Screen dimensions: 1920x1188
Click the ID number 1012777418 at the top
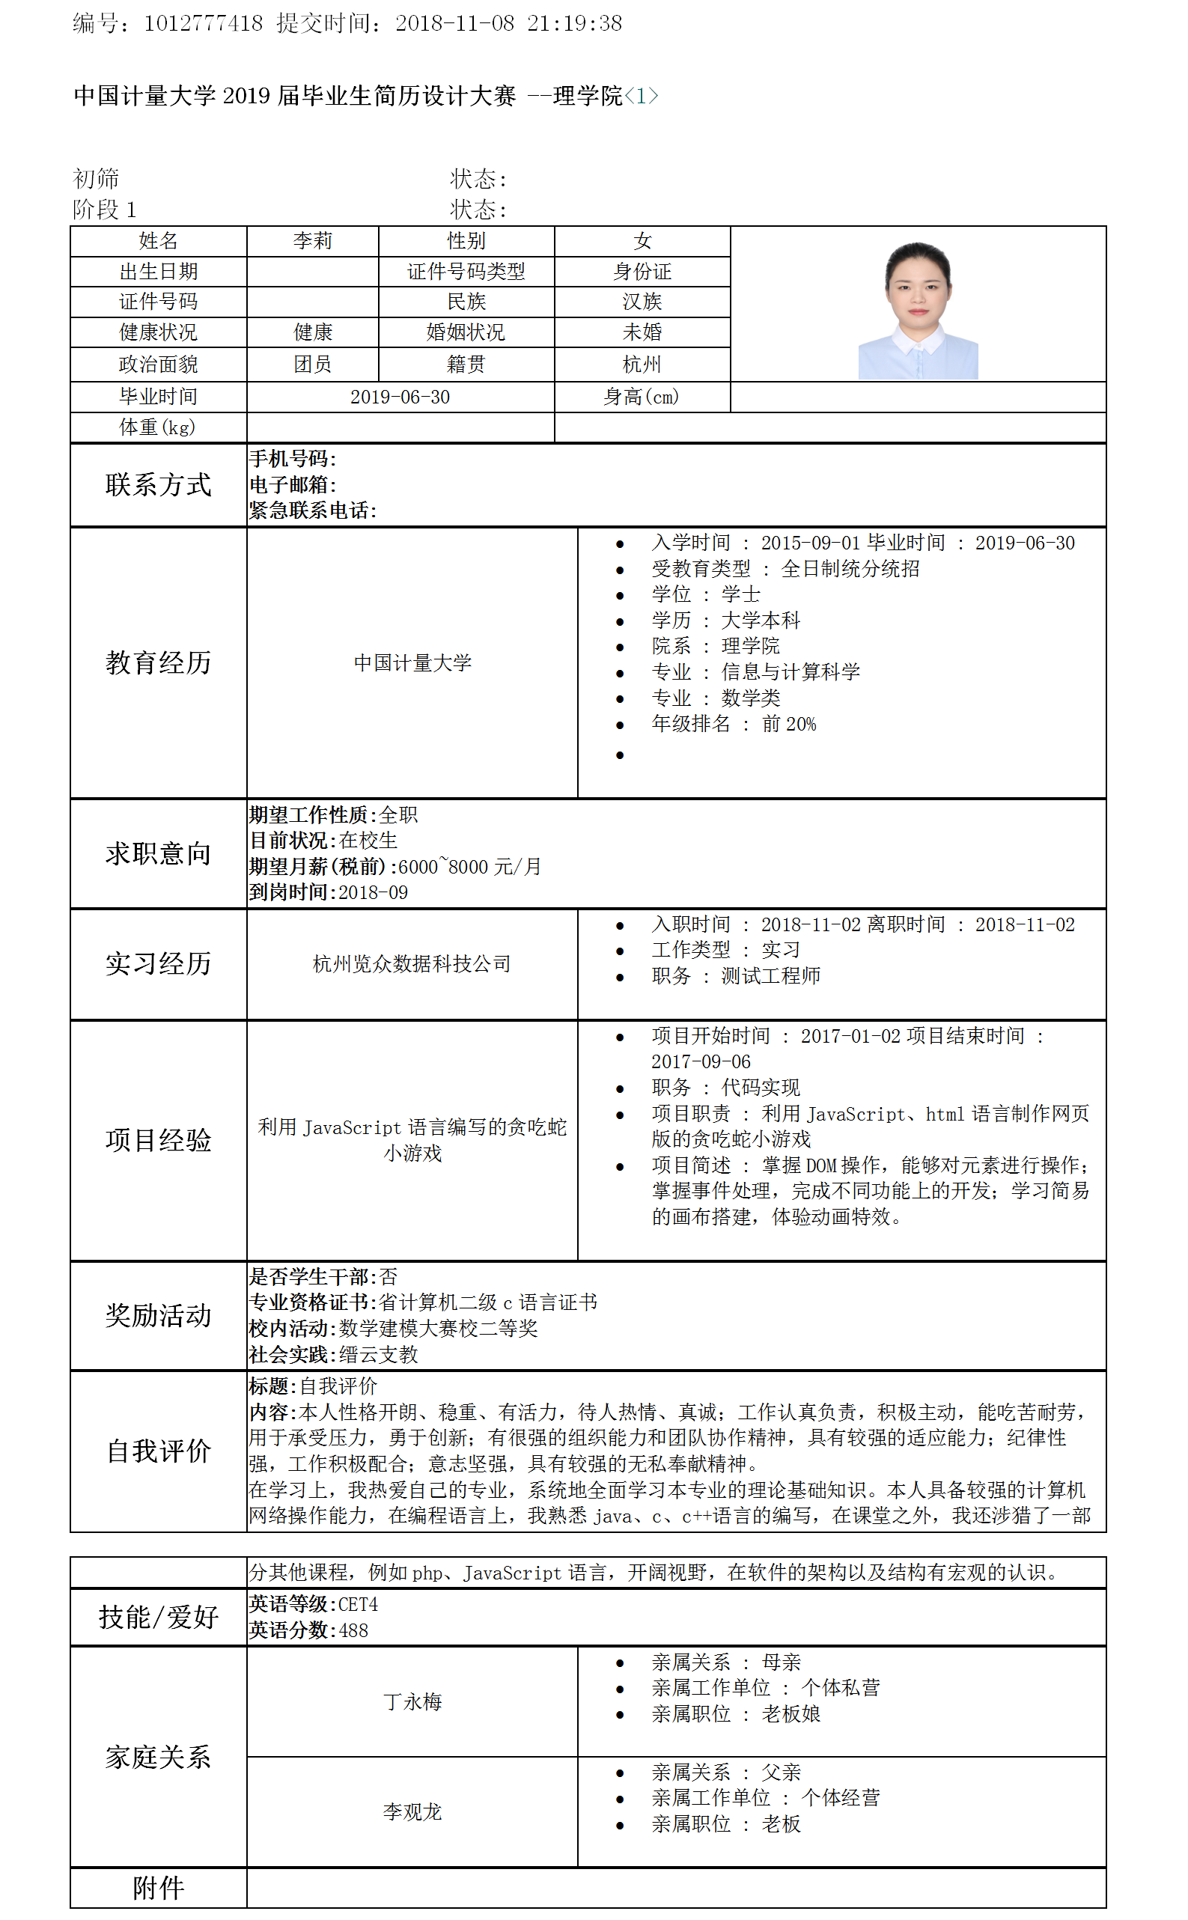[x=203, y=23]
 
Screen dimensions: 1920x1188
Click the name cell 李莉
[x=313, y=241]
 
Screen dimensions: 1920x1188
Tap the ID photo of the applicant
[x=917, y=311]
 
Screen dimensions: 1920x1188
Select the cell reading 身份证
[x=642, y=272]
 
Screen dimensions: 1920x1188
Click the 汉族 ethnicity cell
[x=642, y=302]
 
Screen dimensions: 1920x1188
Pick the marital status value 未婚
[x=642, y=332]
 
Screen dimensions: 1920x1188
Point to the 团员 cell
[x=313, y=365]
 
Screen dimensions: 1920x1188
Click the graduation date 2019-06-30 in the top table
[x=400, y=397]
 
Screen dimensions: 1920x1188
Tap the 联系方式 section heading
[x=158, y=485]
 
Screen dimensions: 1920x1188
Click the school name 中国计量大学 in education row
[x=412, y=663]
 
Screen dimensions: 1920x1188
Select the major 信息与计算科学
[x=791, y=672]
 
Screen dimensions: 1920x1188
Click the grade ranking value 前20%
[x=789, y=725]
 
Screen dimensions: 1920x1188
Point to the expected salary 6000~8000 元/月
[x=470, y=867]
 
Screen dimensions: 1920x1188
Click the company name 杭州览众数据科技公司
[x=412, y=964]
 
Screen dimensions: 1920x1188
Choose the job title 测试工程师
[x=771, y=975]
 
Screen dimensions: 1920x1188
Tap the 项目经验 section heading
[x=158, y=1140]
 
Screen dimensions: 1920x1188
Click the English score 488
[x=353, y=1630]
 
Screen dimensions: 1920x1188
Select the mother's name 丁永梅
[x=412, y=1701]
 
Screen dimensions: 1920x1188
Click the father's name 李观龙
[x=412, y=1811]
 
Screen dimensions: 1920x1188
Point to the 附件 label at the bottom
[x=158, y=1887]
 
